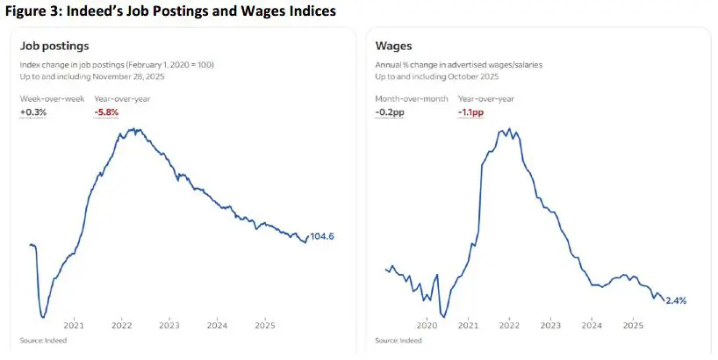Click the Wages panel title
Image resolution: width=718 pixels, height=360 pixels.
[393, 46]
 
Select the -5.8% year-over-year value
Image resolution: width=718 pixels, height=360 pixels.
[106, 112]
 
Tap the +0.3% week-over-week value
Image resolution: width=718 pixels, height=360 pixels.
[32, 112]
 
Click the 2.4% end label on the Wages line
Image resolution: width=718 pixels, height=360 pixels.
[676, 300]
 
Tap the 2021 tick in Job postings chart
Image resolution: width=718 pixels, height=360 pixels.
[73, 324]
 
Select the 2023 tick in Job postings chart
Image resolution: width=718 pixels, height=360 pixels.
[169, 324]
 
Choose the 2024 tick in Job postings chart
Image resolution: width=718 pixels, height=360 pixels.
[218, 324]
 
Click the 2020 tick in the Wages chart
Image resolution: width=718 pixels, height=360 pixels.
[427, 324]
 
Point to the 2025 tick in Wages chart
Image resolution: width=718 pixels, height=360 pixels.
[633, 324]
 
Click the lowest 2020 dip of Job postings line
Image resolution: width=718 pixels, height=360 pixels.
[42, 316]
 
